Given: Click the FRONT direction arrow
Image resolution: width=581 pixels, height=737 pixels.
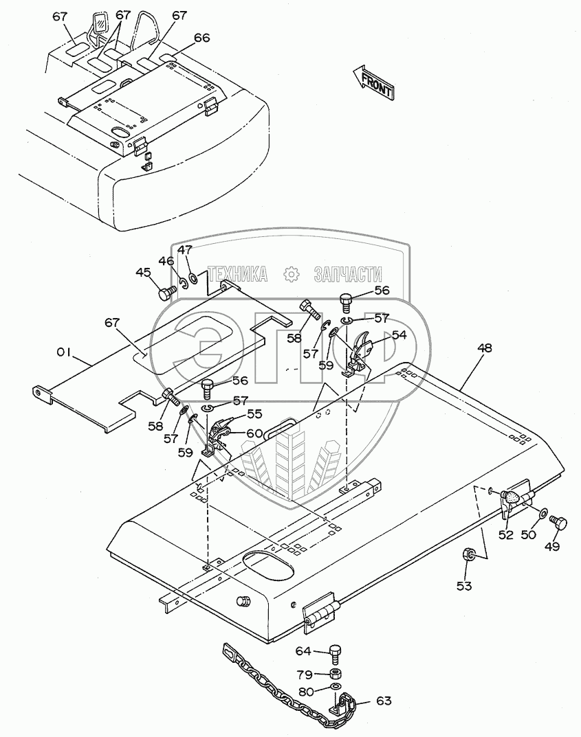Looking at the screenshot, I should [x=372, y=80].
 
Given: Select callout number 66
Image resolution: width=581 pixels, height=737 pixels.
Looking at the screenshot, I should [x=182, y=38].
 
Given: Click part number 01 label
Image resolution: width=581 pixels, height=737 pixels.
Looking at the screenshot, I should [x=63, y=352].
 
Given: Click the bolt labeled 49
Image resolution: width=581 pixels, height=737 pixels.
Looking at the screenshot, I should [x=560, y=524].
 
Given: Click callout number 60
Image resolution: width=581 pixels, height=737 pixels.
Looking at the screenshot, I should [x=236, y=433].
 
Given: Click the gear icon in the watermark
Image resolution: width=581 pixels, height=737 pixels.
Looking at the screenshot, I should [x=291, y=274].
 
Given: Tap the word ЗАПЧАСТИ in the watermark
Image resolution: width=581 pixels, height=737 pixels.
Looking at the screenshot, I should [x=347, y=274].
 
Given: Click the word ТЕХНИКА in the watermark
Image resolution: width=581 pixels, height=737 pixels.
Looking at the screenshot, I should [x=238, y=274].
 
